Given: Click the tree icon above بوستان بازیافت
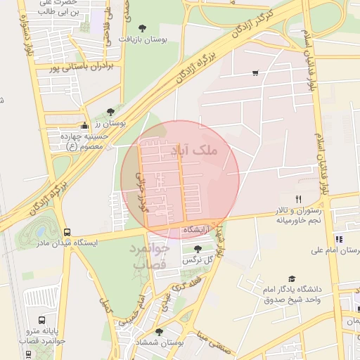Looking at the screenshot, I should coord(143,28).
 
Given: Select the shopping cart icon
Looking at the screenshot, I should coord(255,72).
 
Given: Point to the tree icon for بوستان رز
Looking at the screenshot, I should coord(110,112).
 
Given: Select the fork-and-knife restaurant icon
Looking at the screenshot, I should coord(298,200).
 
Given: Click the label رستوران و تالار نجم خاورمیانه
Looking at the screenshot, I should coord(298,214).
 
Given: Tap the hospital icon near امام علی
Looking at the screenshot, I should coord(339,239).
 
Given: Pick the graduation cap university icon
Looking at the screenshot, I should coord(292,279).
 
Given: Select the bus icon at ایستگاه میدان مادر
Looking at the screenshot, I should coord(67,232).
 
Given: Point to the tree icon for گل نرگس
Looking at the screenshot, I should coord(198,249).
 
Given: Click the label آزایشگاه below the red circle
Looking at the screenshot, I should coord(198,230).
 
